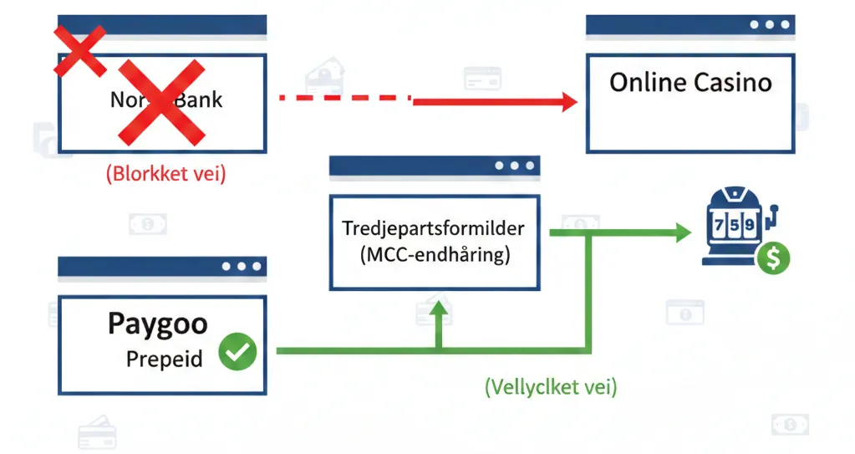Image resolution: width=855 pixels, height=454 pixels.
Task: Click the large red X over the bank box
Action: click(x=160, y=102)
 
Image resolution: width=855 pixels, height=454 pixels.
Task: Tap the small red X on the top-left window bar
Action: click(x=80, y=50)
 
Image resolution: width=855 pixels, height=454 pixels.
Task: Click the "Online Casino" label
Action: click(x=690, y=82)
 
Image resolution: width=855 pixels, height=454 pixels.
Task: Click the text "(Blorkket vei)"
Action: click(x=165, y=176)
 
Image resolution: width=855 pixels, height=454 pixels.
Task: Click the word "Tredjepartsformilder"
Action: click(x=435, y=227)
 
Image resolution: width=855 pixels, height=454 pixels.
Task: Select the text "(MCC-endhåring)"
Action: click(x=435, y=255)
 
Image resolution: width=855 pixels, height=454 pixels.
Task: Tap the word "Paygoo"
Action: click(x=158, y=324)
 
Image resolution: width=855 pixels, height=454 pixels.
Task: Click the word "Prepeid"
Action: click(x=165, y=359)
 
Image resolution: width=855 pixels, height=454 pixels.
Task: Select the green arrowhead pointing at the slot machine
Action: click(x=682, y=234)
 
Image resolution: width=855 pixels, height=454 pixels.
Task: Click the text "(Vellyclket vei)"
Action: click(x=551, y=386)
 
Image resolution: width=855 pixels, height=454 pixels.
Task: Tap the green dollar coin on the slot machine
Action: click(x=772, y=259)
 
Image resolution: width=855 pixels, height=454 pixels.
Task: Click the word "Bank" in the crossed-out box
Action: click(x=201, y=100)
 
